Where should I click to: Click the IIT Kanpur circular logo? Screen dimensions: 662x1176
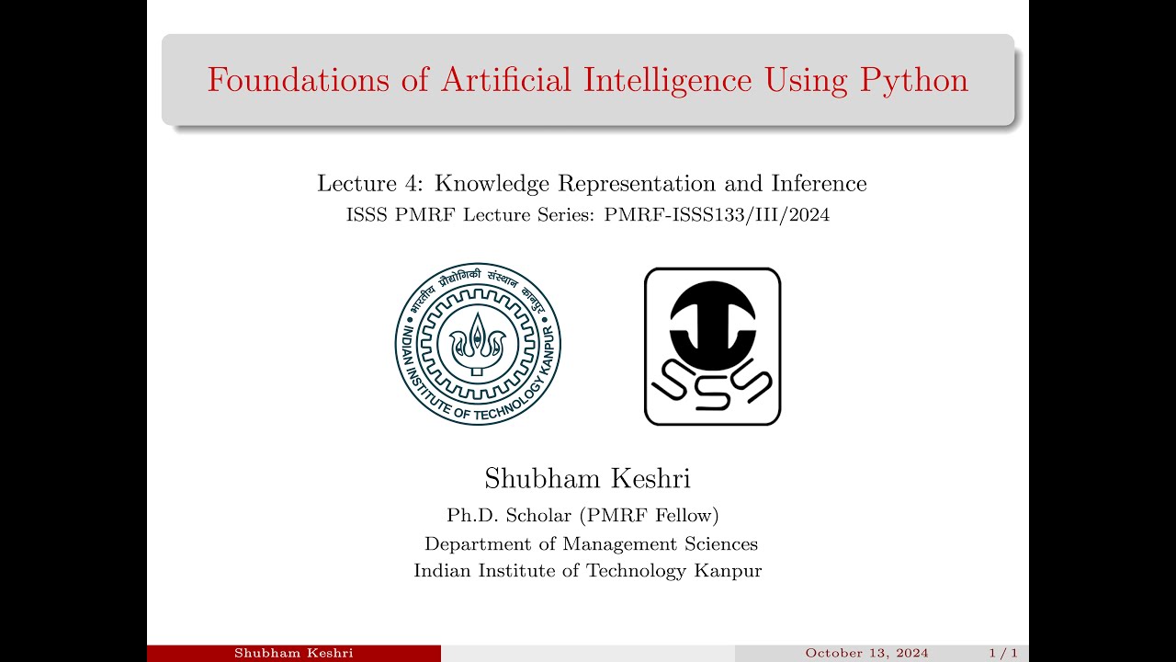[x=478, y=344]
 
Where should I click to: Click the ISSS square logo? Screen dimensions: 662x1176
[x=712, y=347]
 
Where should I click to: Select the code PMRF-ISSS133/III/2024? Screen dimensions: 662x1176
[x=717, y=216]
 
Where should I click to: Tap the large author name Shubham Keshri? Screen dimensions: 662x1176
[x=587, y=479]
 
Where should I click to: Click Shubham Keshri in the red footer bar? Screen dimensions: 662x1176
[x=294, y=654]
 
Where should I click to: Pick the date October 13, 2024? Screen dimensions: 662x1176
[x=866, y=654]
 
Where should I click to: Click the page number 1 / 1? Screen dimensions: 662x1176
[x=1002, y=654]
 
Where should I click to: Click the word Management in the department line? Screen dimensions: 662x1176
[x=618, y=543]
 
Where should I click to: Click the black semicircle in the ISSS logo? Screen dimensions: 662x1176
[x=712, y=326]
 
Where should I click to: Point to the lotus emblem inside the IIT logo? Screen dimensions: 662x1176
[x=478, y=342]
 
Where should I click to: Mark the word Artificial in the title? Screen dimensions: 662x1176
[x=505, y=81]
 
